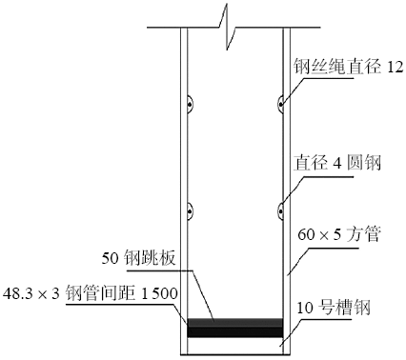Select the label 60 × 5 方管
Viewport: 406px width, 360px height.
click(x=338, y=233)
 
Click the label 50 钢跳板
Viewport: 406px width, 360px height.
click(x=141, y=257)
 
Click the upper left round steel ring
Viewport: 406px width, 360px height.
click(x=191, y=101)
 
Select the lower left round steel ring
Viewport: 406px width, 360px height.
click(x=191, y=207)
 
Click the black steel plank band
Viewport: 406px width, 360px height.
click(x=235, y=328)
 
